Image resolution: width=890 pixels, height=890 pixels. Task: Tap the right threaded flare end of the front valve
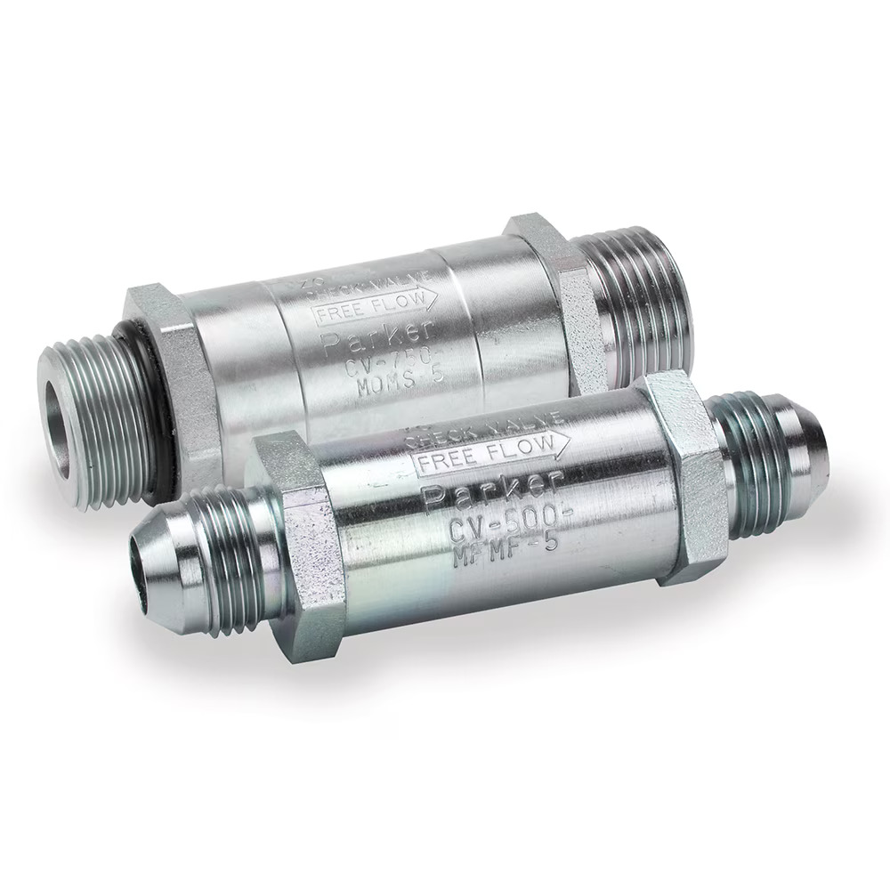point(774,463)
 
